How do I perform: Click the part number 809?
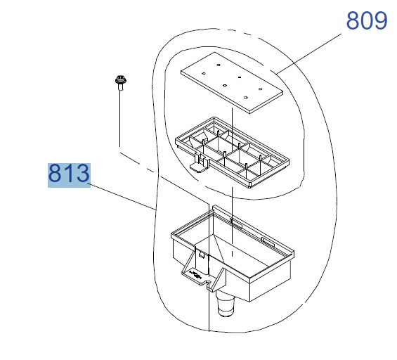(367, 20)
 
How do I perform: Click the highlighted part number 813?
(69, 173)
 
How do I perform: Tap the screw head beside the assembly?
(120, 80)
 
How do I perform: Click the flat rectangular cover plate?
(232, 83)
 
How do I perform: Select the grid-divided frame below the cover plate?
(233, 153)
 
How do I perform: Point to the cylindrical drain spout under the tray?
(226, 304)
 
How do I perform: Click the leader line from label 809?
(309, 53)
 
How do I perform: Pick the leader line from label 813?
(123, 198)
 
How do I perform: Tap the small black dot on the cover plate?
(240, 77)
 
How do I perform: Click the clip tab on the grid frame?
(200, 164)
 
